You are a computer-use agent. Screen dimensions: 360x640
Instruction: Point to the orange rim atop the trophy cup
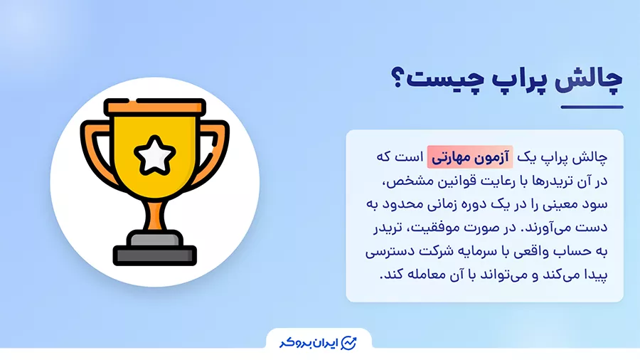pyautogui.click(x=154, y=107)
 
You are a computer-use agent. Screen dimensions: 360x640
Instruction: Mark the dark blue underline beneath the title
pyautogui.click(x=591, y=107)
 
